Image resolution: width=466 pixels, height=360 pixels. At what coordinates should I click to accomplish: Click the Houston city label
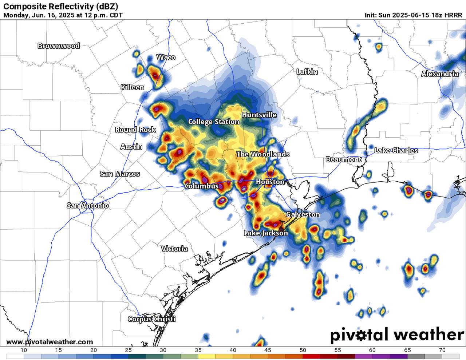[270, 182]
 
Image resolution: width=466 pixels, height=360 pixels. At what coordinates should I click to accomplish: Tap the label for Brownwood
[59, 46]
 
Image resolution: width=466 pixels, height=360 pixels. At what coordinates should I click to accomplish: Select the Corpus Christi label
[152, 319]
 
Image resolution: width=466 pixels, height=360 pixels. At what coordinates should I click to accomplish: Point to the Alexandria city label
[440, 74]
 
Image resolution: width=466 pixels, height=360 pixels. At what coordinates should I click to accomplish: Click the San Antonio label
[88, 206]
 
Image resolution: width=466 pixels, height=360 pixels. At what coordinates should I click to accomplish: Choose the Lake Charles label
[396, 150]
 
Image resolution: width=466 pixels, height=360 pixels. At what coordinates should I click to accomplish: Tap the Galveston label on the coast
[303, 214]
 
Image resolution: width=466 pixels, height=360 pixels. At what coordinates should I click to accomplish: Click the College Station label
[214, 122]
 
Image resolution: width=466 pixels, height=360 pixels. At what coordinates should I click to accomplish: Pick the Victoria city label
[174, 249]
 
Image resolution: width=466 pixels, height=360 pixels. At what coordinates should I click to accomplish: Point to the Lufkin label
[307, 72]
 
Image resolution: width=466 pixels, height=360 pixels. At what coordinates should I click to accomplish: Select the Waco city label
[166, 58]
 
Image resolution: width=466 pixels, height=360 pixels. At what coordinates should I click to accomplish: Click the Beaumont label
[343, 159]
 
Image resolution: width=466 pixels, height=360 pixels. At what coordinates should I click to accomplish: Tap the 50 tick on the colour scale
[303, 350]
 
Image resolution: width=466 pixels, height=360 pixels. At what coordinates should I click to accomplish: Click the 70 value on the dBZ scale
[442, 350]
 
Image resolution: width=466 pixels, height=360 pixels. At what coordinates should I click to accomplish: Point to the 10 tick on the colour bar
[24, 350]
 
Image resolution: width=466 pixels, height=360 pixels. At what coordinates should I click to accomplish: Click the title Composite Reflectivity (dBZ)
[60, 6]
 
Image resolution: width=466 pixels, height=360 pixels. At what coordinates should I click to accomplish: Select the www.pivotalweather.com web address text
[50, 342]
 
